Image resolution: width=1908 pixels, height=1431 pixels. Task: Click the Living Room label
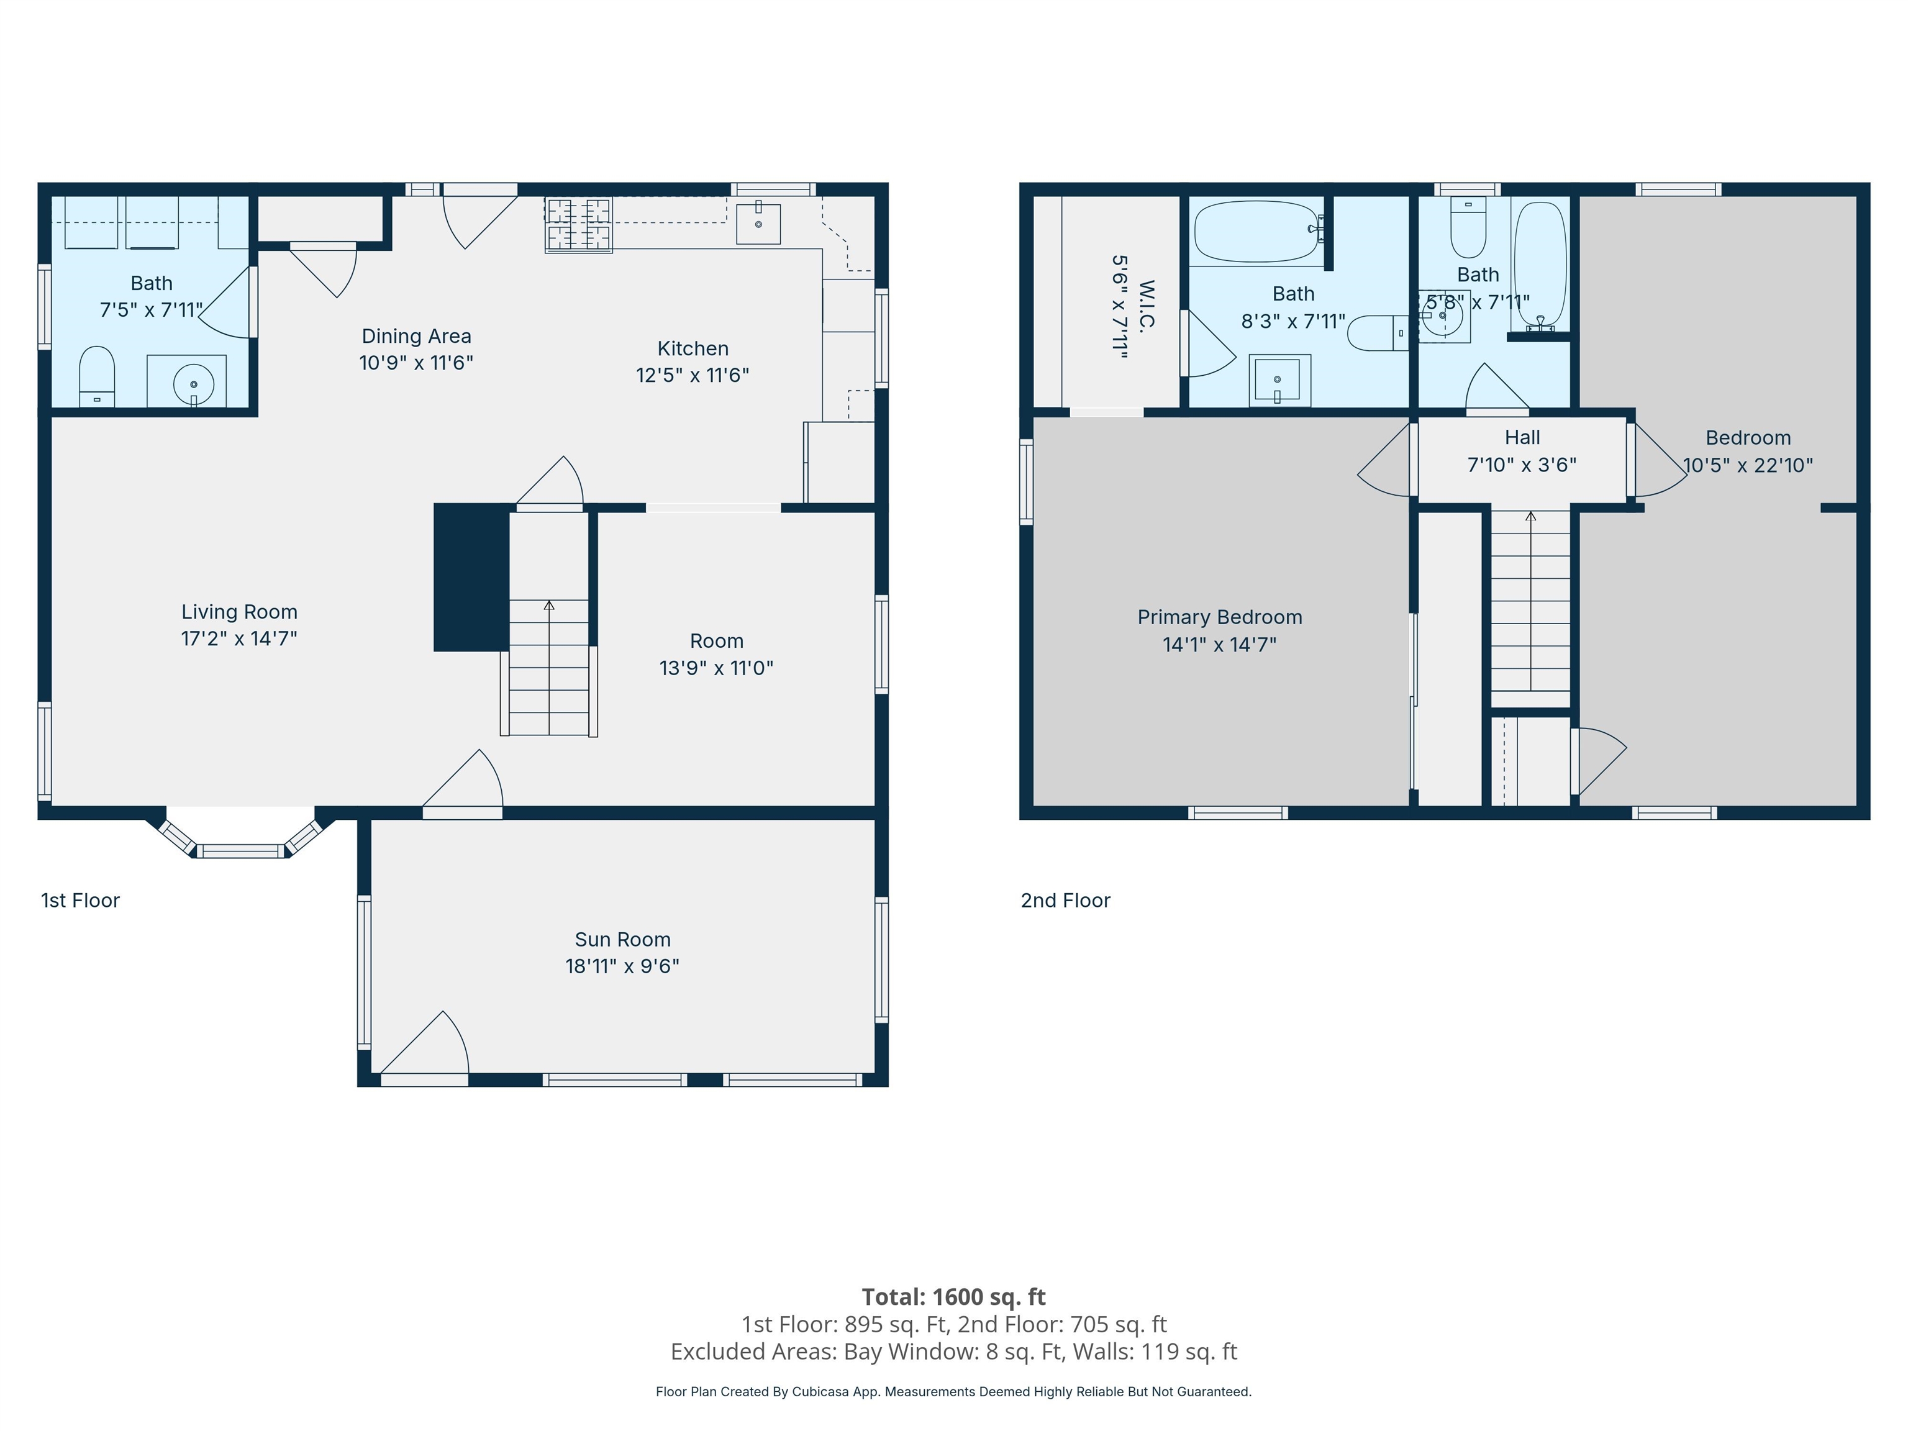(239, 612)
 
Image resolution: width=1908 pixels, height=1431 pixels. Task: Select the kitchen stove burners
(578, 224)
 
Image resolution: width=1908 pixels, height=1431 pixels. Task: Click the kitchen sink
(758, 224)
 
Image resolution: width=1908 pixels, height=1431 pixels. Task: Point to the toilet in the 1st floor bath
(97, 376)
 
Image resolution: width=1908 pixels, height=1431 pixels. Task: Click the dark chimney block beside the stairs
(471, 577)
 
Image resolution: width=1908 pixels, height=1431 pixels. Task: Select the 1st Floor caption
(80, 901)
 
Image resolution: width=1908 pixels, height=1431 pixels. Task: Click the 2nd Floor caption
(1065, 901)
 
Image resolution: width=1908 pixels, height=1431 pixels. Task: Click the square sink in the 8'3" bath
(1280, 380)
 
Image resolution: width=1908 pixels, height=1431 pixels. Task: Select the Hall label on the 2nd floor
(1522, 437)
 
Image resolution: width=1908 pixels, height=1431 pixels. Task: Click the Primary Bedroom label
(1220, 617)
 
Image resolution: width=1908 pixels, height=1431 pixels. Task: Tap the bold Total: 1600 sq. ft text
(954, 1296)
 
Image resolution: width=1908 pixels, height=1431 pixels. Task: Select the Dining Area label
(417, 337)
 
